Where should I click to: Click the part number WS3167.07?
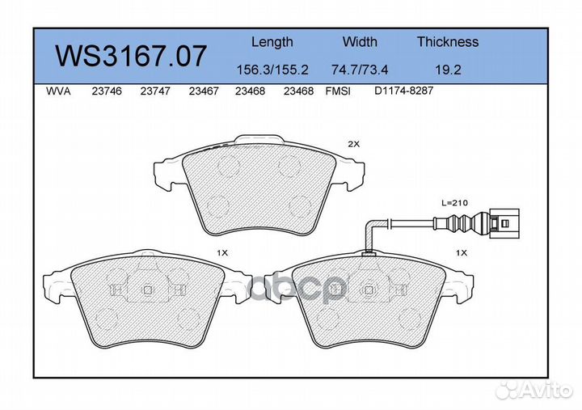tap(131, 56)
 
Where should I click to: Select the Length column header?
tap(272, 42)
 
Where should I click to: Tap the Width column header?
tap(360, 41)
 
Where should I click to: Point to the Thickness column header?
tap(448, 41)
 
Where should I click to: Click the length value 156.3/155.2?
tap(272, 70)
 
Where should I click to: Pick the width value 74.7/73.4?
tap(360, 70)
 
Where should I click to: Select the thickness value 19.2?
tap(448, 70)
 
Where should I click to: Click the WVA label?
tap(58, 91)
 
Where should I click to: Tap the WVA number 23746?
tap(107, 91)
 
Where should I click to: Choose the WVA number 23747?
tap(155, 91)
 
